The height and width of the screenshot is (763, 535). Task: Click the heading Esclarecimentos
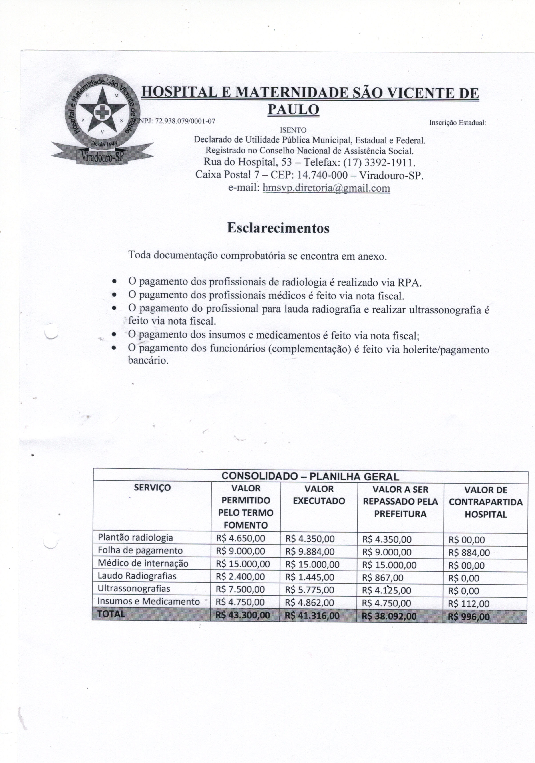pos(278,228)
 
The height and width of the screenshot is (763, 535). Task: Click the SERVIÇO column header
pos(152,488)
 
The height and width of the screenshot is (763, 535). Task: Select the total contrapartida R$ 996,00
pos(469,617)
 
